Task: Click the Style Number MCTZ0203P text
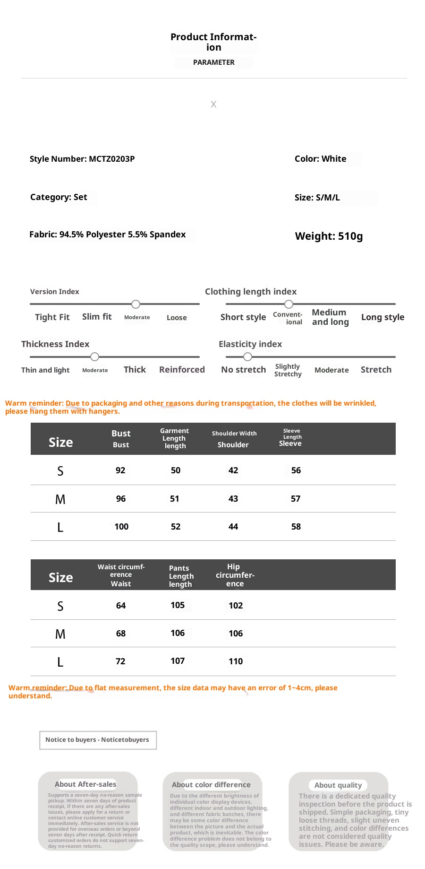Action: point(82,159)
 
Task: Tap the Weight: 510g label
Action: point(329,236)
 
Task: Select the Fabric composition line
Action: point(108,235)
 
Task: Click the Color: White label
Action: point(320,159)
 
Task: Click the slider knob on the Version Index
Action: point(136,304)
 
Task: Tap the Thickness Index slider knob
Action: point(95,356)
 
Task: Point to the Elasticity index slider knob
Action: point(247,356)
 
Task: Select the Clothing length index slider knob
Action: point(289,304)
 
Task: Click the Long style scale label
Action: point(382,317)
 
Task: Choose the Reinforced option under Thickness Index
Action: point(182,370)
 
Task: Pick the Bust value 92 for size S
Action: point(120,470)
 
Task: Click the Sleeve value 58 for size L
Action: point(296,527)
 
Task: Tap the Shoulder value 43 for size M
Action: point(233,499)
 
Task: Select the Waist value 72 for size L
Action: point(120,661)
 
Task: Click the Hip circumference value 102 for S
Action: point(236,606)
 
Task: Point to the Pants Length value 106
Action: point(178,633)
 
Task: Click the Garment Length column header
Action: point(175,438)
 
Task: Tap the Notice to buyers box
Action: point(98,740)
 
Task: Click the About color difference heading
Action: point(211,784)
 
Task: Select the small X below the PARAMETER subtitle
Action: point(213,104)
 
